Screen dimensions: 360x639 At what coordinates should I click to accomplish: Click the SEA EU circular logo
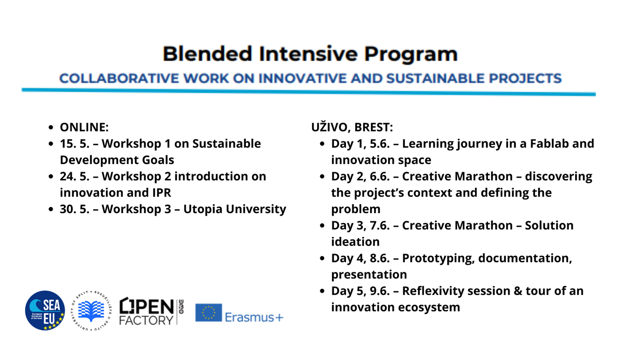(x=45, y=310)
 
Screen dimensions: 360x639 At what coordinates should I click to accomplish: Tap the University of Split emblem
(x=91, y=310)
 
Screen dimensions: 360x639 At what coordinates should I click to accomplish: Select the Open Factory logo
(x=151, y=311)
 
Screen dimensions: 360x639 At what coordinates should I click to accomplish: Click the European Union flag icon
(x=208, y=312)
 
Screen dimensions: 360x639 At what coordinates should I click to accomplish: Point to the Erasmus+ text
(x=254, y=317)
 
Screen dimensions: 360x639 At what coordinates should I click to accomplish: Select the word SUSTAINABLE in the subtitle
(x=435, y=78)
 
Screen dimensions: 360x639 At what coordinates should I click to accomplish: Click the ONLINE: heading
(x=84, y=127)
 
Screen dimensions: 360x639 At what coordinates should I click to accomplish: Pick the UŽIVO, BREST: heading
(x=352, y=127)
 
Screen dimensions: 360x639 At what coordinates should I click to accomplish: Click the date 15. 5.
(x=74, y=144)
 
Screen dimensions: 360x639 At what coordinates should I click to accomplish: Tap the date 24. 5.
(x=74, y=176)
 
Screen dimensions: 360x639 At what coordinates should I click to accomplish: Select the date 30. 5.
(x=74, y=209)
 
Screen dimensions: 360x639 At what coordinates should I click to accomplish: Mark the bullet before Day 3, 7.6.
(x=322, y=226)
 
